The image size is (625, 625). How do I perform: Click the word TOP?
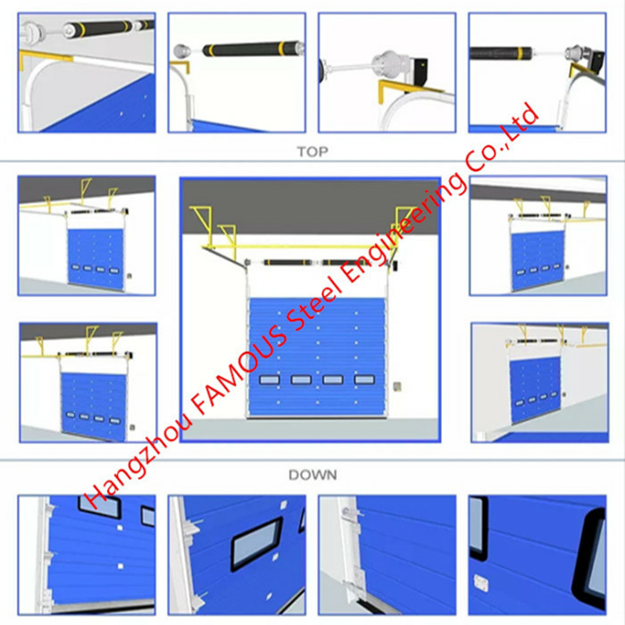pos(312,152)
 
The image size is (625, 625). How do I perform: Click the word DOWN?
pos(312,475)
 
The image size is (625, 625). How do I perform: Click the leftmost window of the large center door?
pos(270,379)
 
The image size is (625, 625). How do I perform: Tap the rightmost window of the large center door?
pos(364,379)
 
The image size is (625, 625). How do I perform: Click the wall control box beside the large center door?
pos(397,387)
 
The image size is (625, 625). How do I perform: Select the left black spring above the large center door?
pos(287,262)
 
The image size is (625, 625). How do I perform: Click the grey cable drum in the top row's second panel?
pos(182,51)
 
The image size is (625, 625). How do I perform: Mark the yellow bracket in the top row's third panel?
pos(403,87)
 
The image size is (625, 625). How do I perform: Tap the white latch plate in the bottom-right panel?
pos(481,582)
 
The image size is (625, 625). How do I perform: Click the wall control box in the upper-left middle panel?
pos(129,275)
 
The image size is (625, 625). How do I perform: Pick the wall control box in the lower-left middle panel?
pos(132,428)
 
